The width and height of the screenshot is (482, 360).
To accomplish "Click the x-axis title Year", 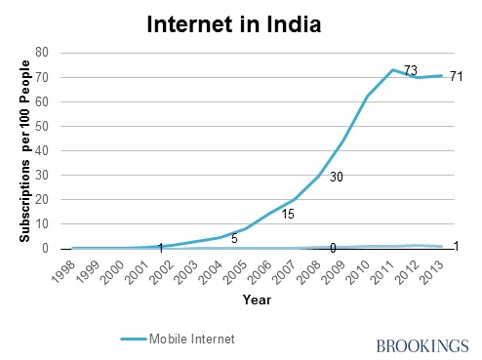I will (258, 299).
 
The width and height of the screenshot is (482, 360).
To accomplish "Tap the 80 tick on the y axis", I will (43, 53).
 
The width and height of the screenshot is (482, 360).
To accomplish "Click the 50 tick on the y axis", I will (43, 126).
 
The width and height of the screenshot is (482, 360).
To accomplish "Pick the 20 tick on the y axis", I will (43, 199).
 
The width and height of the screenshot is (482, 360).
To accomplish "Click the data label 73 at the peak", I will (411, 70).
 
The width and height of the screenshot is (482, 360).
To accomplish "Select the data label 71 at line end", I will (455, 76).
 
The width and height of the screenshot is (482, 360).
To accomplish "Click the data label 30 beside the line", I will (337, 177).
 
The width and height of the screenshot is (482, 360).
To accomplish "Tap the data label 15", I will (290, 214).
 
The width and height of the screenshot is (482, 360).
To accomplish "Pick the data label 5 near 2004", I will (234, 237).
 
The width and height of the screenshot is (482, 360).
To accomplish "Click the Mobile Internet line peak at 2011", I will (391, 70).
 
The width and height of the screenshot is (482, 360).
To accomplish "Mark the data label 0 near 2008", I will (333, 248).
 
